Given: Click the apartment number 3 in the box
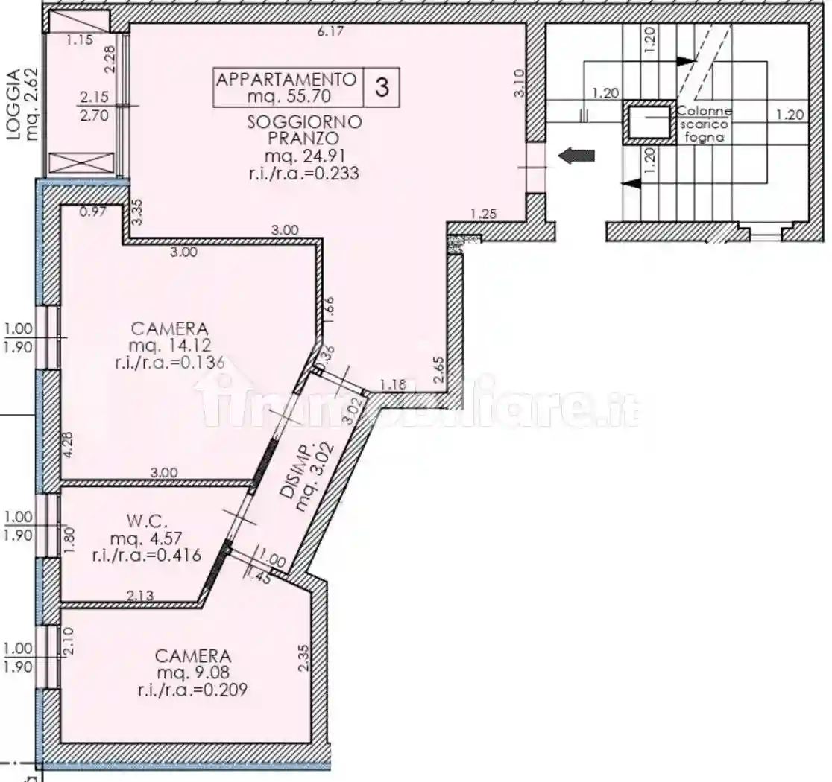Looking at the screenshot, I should (382, 87).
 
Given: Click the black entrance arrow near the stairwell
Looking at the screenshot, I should (577, 156).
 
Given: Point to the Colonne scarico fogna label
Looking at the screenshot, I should (705, 124).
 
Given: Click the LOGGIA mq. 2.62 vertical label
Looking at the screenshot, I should (20, 106).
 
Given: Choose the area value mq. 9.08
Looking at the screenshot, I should (192, 673).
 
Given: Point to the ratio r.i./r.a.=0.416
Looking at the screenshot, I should (146, 556).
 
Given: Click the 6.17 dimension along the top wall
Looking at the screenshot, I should (331, 31).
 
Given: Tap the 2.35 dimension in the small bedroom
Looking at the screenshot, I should (303, 658).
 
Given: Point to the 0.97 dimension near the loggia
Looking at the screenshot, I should (92, 212).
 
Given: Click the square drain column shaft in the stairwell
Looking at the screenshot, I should (647, 124).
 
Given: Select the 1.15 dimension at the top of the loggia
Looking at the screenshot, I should (80, 40).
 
